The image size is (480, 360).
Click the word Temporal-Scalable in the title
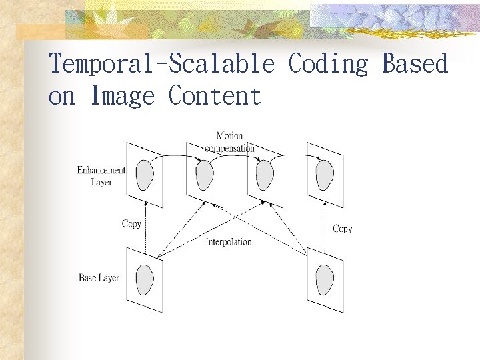coord(161,65)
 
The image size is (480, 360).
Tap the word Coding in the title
coord(328,65)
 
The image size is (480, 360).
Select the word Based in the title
coord(415,65)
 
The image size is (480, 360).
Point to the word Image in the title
coord(122,96)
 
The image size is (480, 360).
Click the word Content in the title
coord(215,96)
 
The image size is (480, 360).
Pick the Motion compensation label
coord(229,142)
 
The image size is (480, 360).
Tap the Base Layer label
coord(99,277)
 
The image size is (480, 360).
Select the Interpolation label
coord(228,242)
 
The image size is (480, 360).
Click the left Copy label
coord(131,224)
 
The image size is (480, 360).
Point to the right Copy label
coord(342,229)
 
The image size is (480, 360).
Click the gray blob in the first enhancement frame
coord(144,175)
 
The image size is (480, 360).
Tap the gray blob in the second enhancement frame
coord(205,175)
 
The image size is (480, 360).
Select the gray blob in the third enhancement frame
coord(265,175)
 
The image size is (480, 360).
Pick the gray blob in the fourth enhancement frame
coord(325,175)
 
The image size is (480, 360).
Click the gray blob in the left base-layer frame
coord(145,278)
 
